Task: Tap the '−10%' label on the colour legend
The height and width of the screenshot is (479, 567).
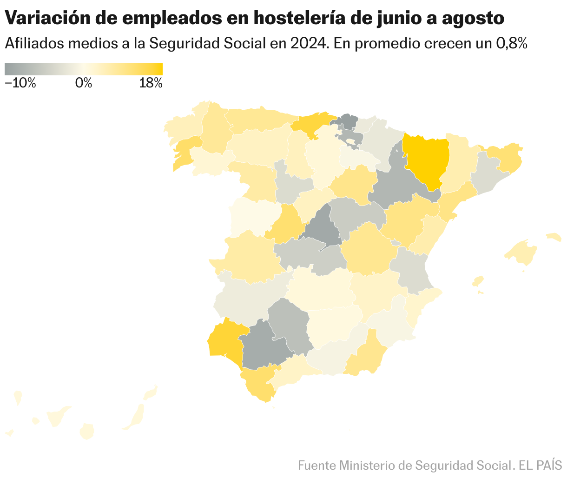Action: point(20,83)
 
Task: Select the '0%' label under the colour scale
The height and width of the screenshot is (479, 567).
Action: point(84,83)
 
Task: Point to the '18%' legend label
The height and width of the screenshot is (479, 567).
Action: point(151,83)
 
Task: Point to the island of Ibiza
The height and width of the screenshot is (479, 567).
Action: point(478,281)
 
